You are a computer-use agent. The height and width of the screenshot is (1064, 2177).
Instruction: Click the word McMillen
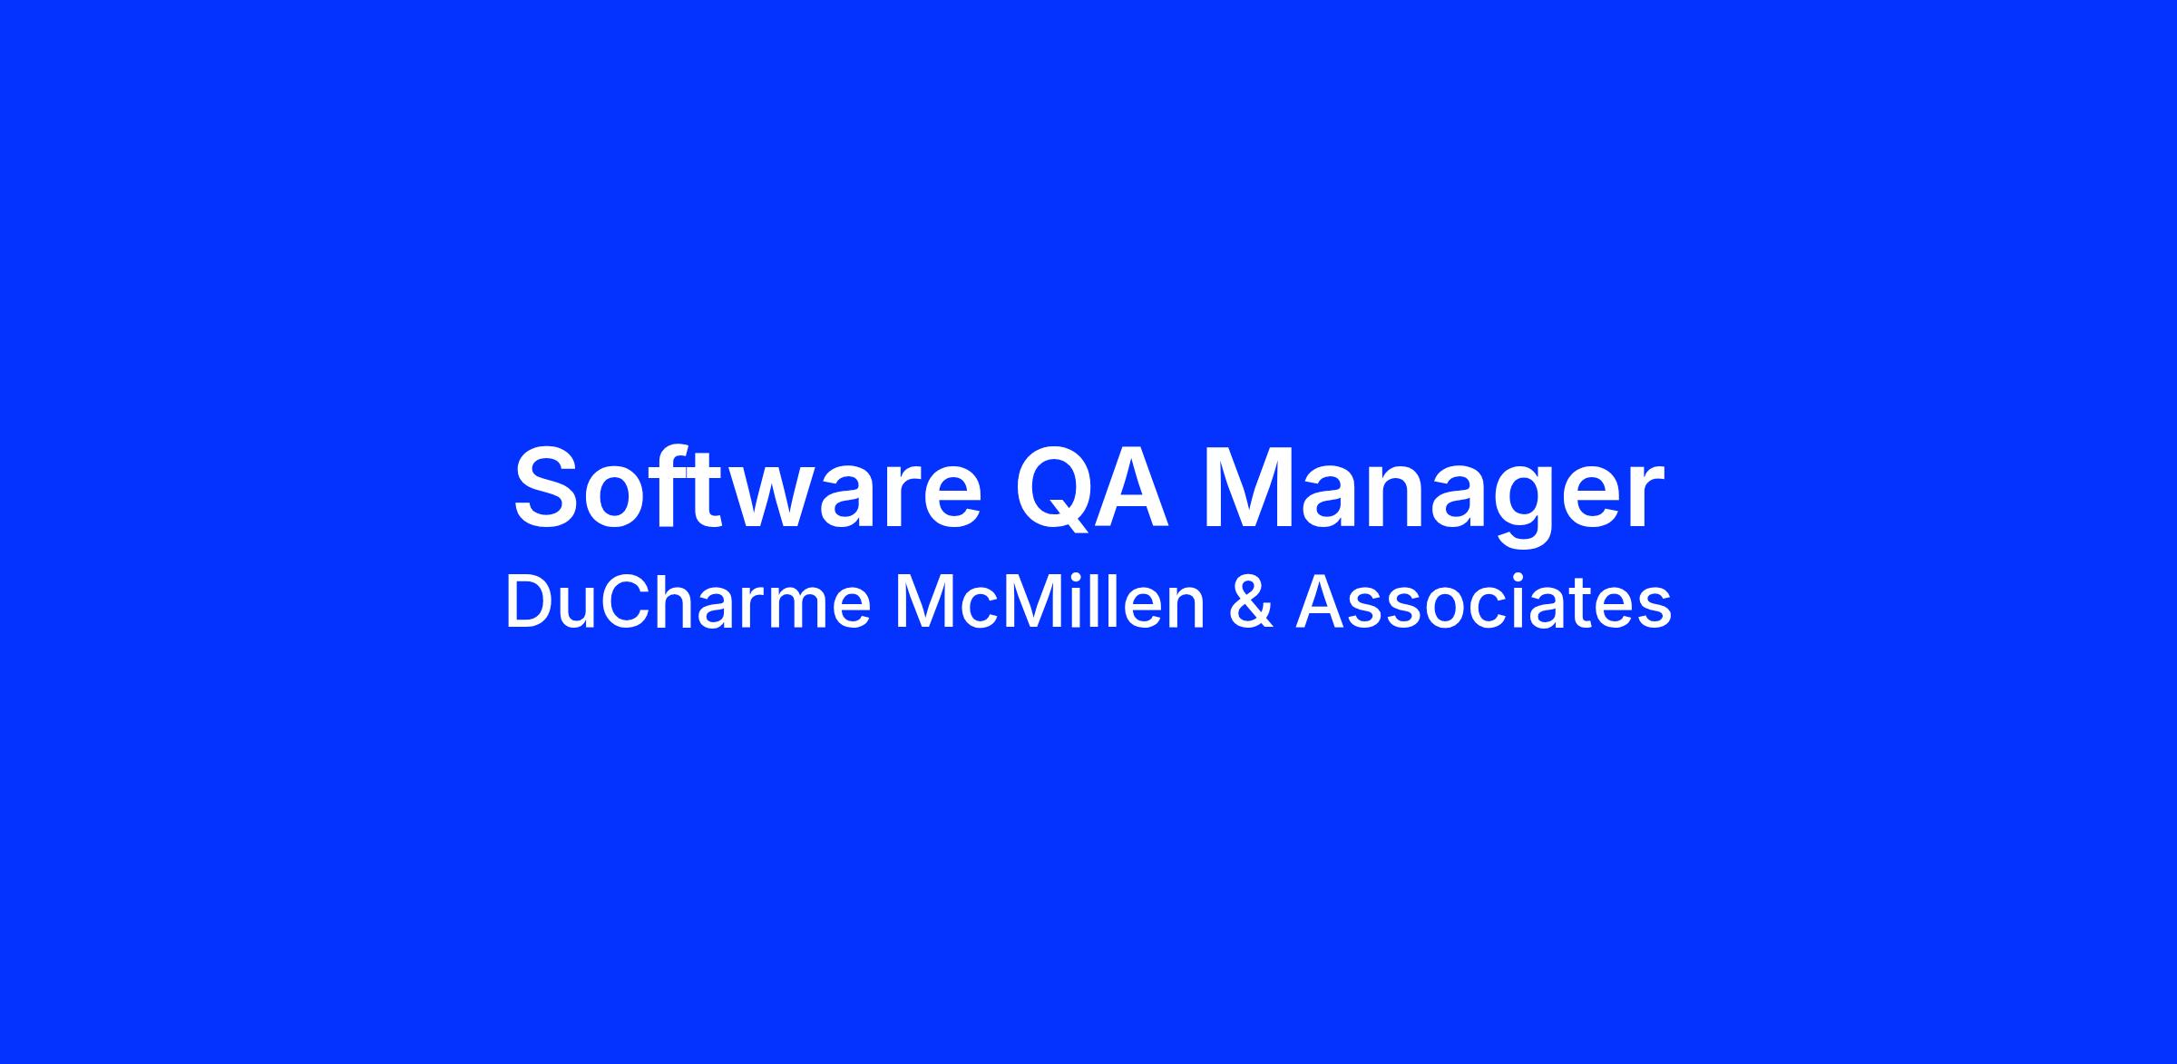[1049, 603]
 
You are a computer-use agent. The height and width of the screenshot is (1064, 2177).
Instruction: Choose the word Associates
[1483, 603]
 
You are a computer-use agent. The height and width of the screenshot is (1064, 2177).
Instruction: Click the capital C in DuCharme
[627, 603]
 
